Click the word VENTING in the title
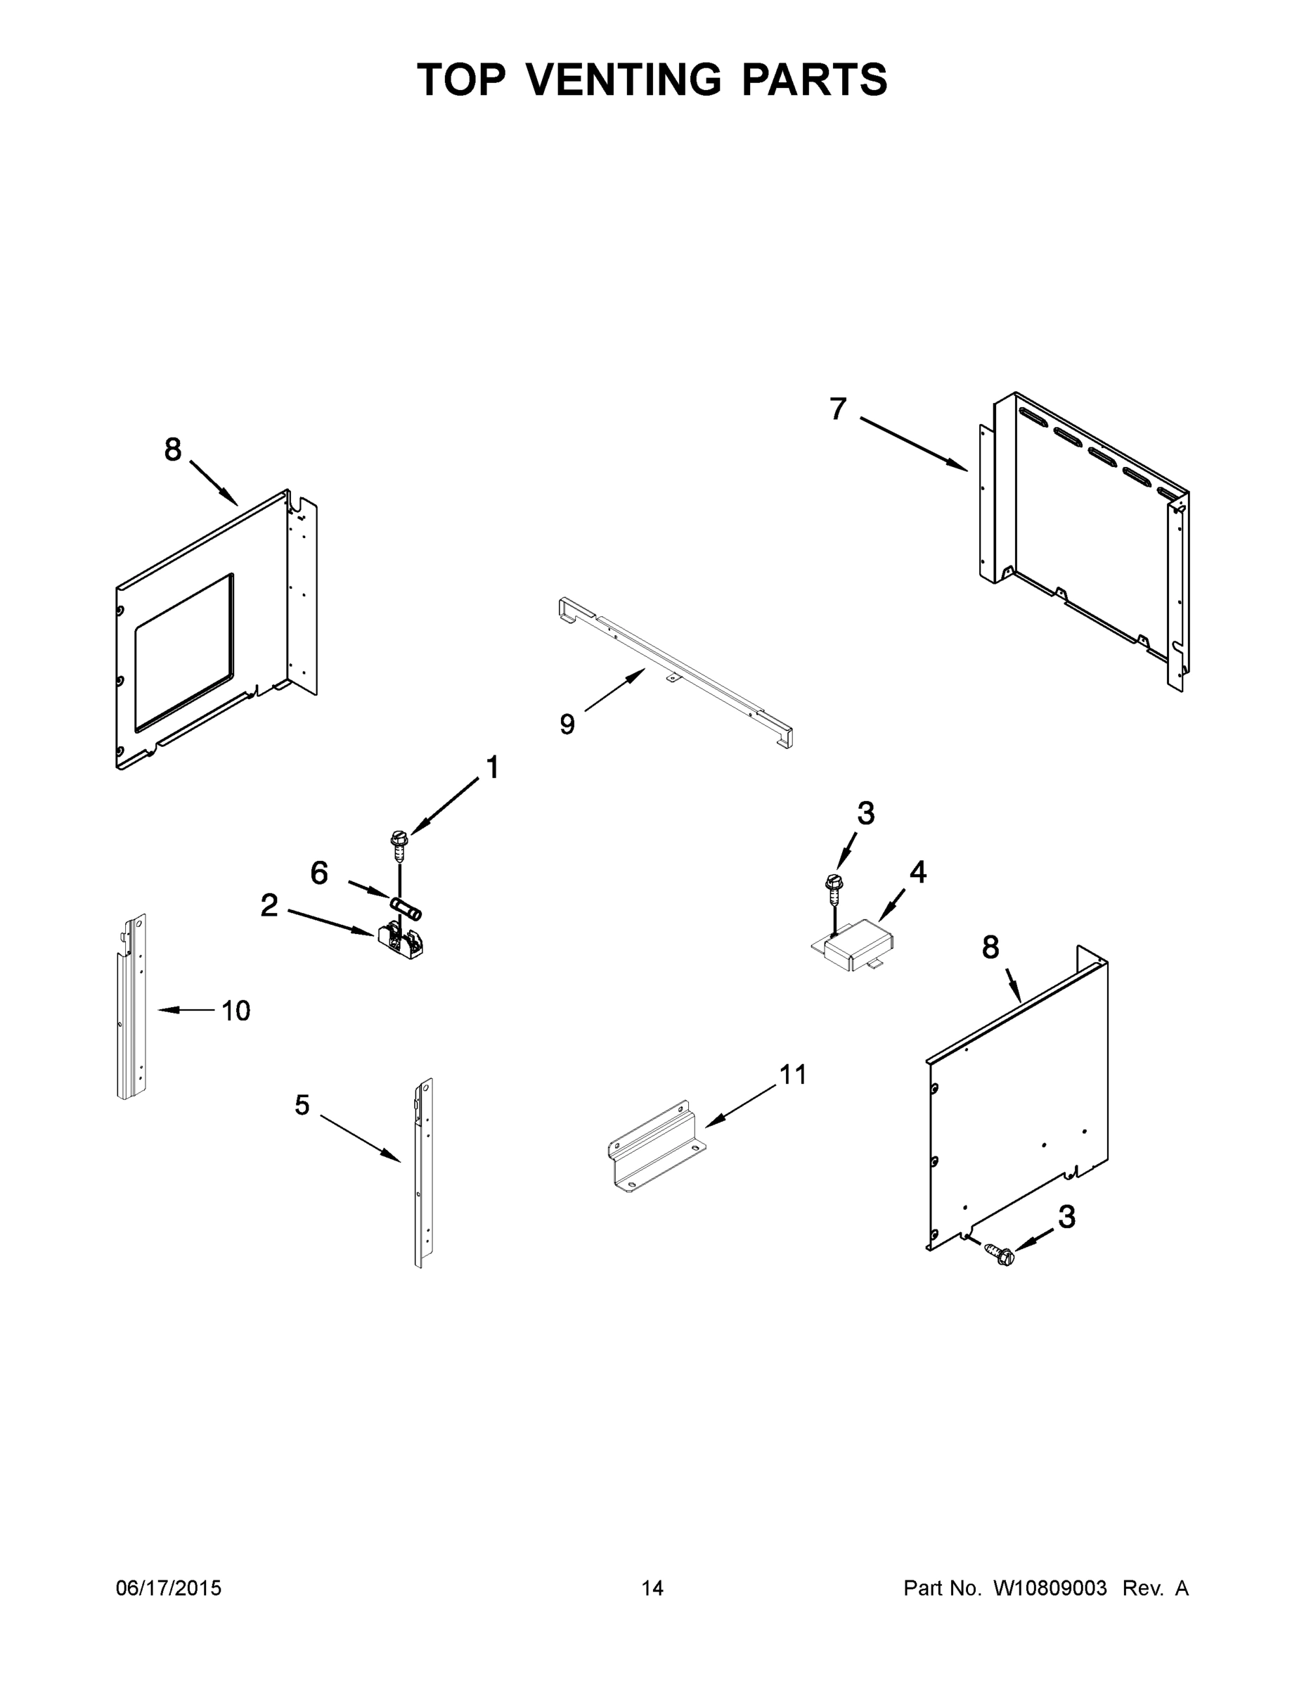click(x=624, y=79)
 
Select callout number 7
click(x=838, y=408)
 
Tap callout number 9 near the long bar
click(x=567, y=724)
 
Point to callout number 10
click(x=235, y=1010)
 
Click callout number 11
click(x=793, y=1073)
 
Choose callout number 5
click(x=302, y=1105)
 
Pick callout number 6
click(x=319, y=874)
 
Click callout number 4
click(x=918, y=872)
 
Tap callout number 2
click(x=269, y=905)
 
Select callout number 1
click(x=492, y=767)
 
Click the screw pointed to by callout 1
click(x=399, y=846)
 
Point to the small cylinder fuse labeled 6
click(x=406, y=908)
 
